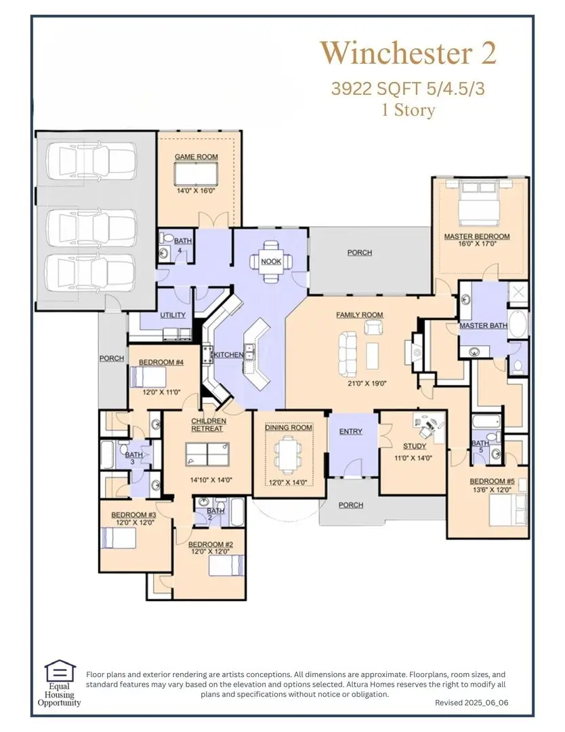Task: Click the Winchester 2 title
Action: pyautogui.click(x=408, y=53)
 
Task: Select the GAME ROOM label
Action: pyautogui.click(x=196, y=157)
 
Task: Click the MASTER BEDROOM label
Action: pyautogui.click(x=477, y=237)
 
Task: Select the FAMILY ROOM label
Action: pyautogui.click(x=360, y=315)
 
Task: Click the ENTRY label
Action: pyautogui.click(x=350, y=432)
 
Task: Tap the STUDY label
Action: pyautogui.click(x=414, y=447)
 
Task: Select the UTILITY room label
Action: pyautogui.click(x=173, y=316)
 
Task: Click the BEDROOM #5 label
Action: pyautogui.click(x=492, y=483)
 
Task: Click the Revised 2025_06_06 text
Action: pyautogui.click(x=472, y=704)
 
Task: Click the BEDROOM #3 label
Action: pyautogui.click(x=134, y=514)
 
